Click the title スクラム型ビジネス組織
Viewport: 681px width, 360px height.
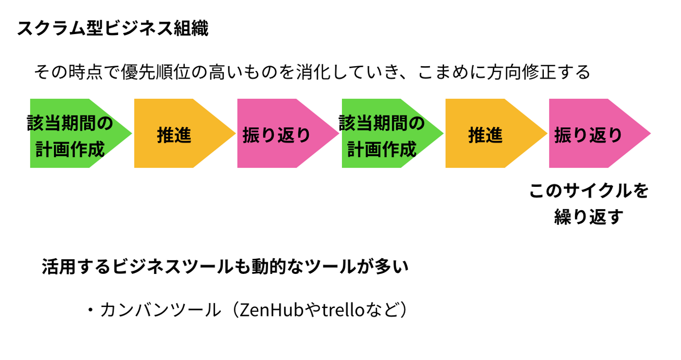pos(113,29)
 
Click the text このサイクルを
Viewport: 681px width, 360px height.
pos(589,191)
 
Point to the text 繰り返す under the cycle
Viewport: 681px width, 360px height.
pos(589,218)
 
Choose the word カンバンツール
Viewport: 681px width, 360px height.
pos(161,310)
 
